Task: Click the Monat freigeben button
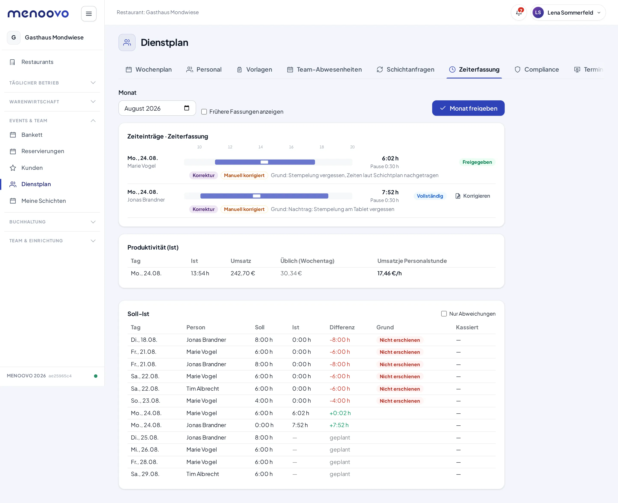pyautogui.click(x=468, y=108)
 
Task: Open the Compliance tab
pyautogui.click(x=536, y=69)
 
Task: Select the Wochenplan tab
pyautogui.click(x=148, y=69)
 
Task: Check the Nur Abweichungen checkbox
pyautogui.click(x=444, y=314)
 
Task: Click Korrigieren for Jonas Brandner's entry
pyautogui.click(x=473, y=196)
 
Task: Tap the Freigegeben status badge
pyautogui.click(x=477, y=162)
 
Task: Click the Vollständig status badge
pyautogui.click(x=430, y=196)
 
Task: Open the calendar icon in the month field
pyautogui.click(x=187, y=108)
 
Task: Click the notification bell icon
pyautogui.click(x=519, y=12)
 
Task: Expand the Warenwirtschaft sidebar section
pyautogui.click(x=52, y=102)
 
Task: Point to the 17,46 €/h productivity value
pyautogui.click(x=389, y=273)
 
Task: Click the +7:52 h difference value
pyautogui.click(x=339, y=425)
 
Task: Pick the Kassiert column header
pyautogui.click(x=467, y=327)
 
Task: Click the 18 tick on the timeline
pyautogui.click(x=322, y=147)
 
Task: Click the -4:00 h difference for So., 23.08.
pyautogui.click(x=340, y=401)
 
